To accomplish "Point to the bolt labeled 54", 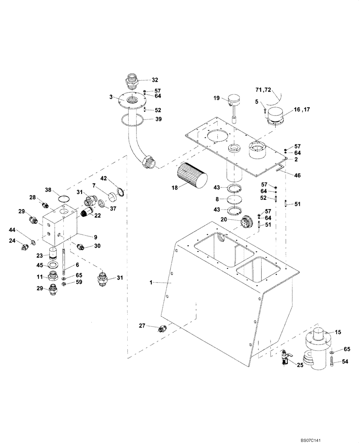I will click(332, 362).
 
